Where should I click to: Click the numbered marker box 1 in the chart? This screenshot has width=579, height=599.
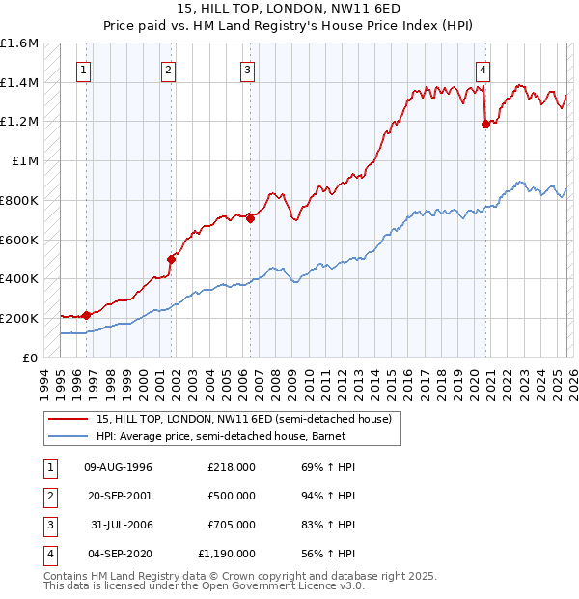coord(85,69)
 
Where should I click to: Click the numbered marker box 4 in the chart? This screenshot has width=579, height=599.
coord(482,69)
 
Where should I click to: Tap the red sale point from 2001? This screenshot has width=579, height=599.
coord(172,259)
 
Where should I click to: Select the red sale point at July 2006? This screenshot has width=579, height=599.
coord(250,218)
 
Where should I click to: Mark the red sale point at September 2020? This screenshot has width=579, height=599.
coord(484,123)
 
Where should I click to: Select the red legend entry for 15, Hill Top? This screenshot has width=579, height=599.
coord(243,419)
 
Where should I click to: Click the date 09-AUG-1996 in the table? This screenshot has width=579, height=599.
coord(118,467)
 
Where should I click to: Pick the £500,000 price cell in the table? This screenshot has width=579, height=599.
coord(231,496)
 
